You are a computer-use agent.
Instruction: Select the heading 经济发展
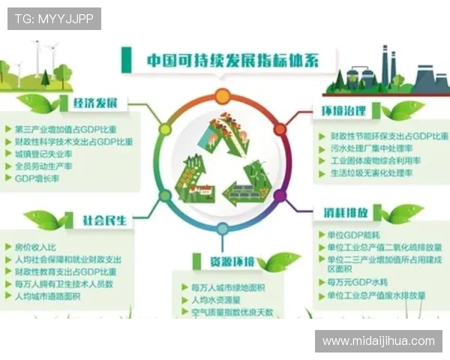99,103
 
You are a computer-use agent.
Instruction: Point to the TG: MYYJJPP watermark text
54,19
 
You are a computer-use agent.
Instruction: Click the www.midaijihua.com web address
378,341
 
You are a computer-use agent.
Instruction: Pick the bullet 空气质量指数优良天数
232,312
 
